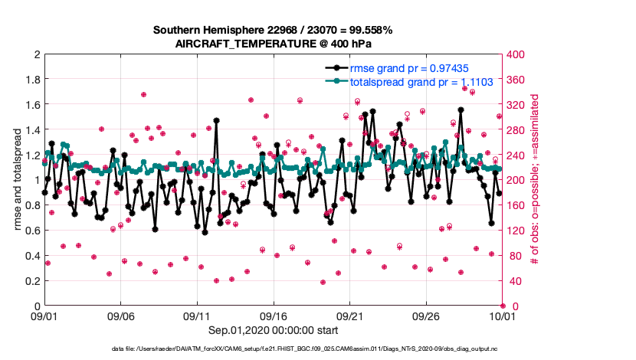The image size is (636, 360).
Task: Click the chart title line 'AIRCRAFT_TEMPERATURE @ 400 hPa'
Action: pos(274,44)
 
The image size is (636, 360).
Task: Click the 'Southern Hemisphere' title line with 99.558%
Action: pos(274,31)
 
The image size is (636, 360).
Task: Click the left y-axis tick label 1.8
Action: pos(31,80)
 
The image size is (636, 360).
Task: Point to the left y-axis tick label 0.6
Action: pos(31,231)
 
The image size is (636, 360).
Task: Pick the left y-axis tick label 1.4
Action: pos(31,130)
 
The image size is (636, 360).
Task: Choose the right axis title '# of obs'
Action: pos(536,180)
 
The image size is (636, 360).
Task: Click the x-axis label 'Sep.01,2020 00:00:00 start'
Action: pos(274,332)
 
